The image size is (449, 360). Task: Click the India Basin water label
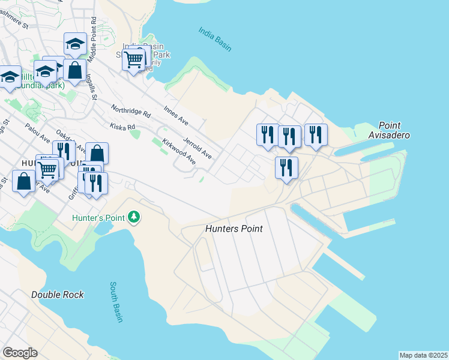tap(215, 39)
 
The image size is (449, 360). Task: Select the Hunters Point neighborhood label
tap(234, 229)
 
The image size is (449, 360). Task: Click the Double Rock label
tap(58, 295)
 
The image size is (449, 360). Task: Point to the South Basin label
tap(116, 302)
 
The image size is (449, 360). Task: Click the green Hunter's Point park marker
tap(136, 217)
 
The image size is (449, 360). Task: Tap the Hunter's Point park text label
tap(99, 218)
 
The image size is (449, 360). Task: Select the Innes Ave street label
tap(176, 116)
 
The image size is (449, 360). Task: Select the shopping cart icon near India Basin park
tap(133, 59)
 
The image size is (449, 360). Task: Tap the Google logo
tap(20, 353)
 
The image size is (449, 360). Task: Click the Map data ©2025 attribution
tap(423, 355)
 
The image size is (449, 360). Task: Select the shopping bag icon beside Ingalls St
tap(75, 70)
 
